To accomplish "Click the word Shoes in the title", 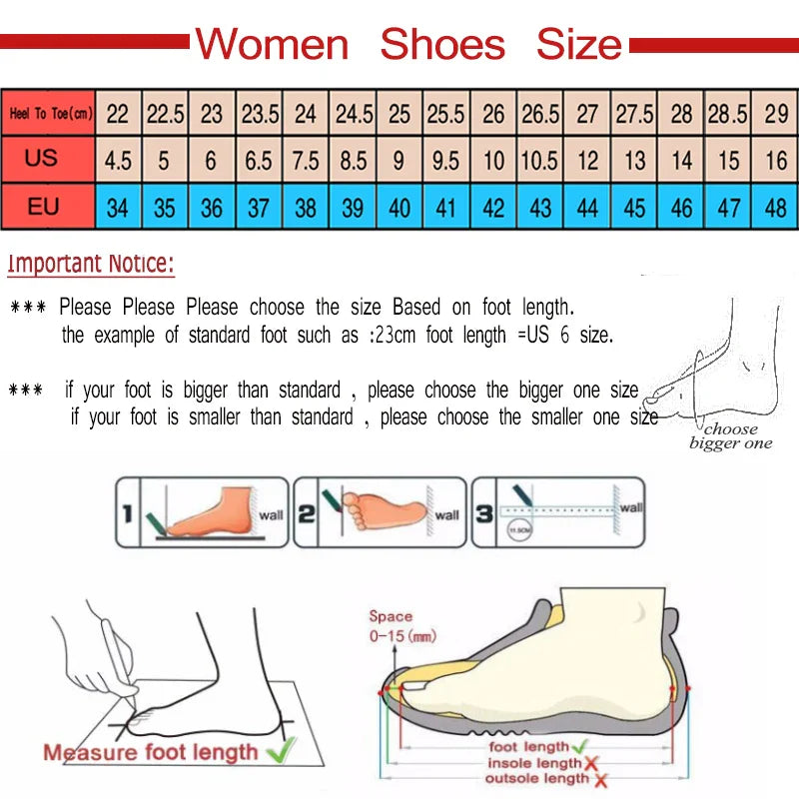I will (442, 45).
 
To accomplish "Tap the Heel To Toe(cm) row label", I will (49, 114).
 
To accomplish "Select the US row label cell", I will (42, 160).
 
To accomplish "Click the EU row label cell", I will (42, 208).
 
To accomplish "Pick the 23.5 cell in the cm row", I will (260, 114).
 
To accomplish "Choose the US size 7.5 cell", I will (306, 161).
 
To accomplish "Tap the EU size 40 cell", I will (399, 208).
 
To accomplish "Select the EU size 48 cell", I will (776, 208).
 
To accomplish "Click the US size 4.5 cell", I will (118, 161).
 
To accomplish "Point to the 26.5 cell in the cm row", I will (540, 114).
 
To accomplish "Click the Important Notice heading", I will (91, 265).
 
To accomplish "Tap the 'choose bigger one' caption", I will (731, 436).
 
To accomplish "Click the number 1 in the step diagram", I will (127, 514).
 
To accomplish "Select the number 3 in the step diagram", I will (482, 514).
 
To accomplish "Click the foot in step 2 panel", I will (385, 510).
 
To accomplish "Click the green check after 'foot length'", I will (579, 746).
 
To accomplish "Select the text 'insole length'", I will (534, 763).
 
